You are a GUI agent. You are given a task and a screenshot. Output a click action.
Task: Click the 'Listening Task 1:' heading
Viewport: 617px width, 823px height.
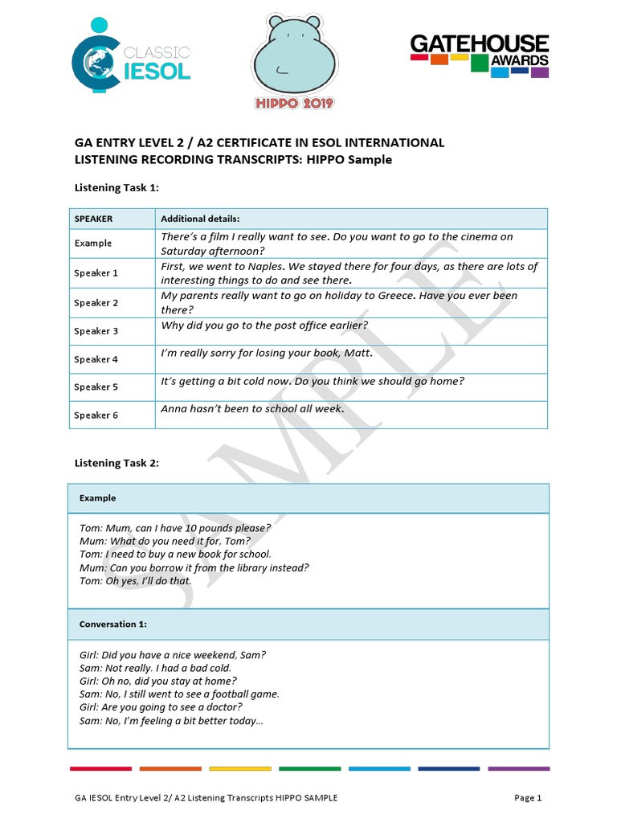[116, 187]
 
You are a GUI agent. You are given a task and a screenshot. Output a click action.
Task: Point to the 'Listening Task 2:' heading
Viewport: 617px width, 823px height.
[116, 463]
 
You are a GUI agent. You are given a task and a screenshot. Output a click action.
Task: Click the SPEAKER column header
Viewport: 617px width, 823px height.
[93, 219]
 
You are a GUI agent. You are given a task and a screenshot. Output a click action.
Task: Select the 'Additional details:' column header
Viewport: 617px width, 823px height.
[200, 219]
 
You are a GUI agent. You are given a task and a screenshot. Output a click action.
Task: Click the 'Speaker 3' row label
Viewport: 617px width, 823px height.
[96, 331]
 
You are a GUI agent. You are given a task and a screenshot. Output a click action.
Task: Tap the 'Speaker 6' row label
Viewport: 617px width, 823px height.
[96, 416]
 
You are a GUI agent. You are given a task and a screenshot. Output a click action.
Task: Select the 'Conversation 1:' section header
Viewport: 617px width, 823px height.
[112, 624]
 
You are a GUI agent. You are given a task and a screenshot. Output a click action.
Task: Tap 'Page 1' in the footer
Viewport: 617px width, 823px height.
[528, 798]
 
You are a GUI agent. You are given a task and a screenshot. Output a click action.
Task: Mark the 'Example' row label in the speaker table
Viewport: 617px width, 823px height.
[93, 244]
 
